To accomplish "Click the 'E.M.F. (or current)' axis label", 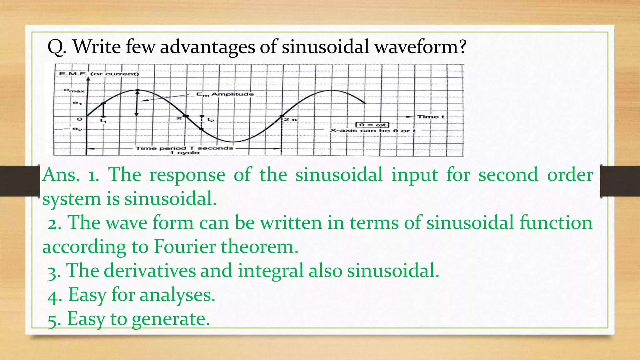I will click(99, 74).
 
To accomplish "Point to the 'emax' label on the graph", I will click(74, 91).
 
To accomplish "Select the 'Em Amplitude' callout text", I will click(225, 94).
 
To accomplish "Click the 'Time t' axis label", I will click(431, 117).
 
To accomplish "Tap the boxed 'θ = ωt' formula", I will click(372, 125).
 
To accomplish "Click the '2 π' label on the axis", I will click(291, 120).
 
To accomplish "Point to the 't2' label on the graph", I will click(211, 120).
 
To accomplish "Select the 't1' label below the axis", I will click(103, 121).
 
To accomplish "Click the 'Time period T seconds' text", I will click(184, 148).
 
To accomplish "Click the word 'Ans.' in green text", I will click(61, 175).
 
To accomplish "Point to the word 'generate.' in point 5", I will click(171, 319).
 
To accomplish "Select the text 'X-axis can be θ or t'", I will click(373, 131).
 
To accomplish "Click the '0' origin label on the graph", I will click(79, 119).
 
